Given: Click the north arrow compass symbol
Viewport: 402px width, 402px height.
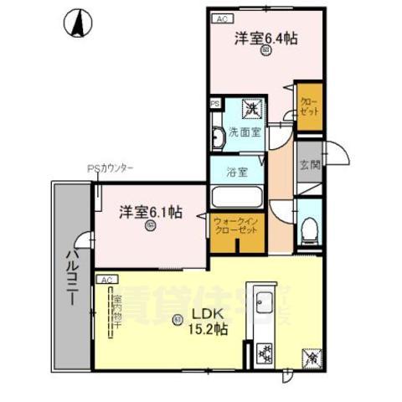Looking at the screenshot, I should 78,23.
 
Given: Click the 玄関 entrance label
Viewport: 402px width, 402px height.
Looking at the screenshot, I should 309,164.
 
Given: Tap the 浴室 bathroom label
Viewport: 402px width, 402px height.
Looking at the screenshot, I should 237,173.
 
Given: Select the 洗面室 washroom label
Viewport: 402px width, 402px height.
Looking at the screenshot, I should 246,132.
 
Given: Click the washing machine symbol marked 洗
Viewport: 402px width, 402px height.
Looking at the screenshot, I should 250,107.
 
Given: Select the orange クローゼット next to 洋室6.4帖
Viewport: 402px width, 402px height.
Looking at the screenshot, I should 308,106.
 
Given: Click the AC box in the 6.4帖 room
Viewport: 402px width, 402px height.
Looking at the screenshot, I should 220,17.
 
